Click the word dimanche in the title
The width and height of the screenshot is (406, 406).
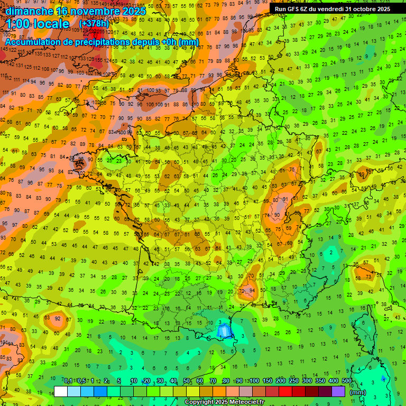tap(30, 11)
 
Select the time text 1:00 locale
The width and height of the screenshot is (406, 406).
tap(38, 24)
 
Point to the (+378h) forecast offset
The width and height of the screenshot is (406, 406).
tap(94, 24)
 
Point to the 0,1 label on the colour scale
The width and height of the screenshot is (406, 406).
tap(68, 381)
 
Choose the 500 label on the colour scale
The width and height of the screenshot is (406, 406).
tap(347, 381)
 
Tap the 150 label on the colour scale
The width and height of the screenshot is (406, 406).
tap(267, 381)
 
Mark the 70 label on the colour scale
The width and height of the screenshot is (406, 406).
tap(213, 381)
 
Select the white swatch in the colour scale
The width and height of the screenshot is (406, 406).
tap(61, 391)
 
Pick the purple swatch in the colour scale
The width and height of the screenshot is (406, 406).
tap(339, 391)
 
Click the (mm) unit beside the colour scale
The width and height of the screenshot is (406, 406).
tap(358, 392)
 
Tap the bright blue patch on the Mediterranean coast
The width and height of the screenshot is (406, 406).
tap(224, 331)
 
